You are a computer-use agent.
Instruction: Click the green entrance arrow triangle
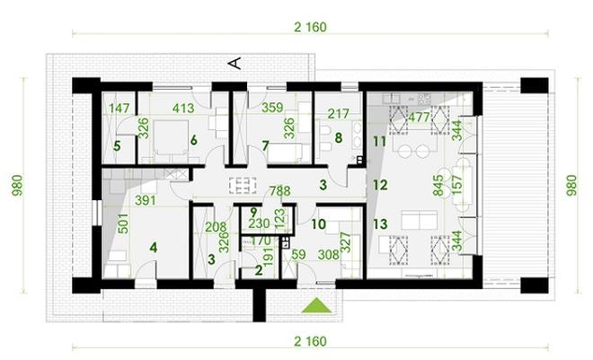[316, 305]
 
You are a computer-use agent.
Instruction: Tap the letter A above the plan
[235, 63]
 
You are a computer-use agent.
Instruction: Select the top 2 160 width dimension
[310, 27]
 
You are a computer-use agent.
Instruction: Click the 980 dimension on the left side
[17, 185]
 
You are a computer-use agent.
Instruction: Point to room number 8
[338, 138]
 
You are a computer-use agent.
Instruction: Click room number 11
[379, 142]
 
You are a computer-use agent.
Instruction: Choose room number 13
[380, 224]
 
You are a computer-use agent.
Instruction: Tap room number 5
[117, 145]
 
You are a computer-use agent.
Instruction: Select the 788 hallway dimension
[279, 190]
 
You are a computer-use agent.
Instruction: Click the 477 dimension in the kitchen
[419, 117]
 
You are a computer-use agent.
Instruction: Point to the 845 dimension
[438, 186]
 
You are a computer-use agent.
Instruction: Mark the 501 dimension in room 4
[124, 224]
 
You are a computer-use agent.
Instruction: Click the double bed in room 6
[171, 137]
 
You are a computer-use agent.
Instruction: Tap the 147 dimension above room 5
[119, 109]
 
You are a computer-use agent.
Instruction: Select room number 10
[318, 224]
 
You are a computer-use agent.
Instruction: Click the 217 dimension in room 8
[339, 113]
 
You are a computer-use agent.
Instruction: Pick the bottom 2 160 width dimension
[310, 341]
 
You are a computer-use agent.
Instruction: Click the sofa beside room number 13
[420, 220]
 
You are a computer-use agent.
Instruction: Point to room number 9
[253, 212]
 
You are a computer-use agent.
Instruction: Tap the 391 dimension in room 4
[146, 200]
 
